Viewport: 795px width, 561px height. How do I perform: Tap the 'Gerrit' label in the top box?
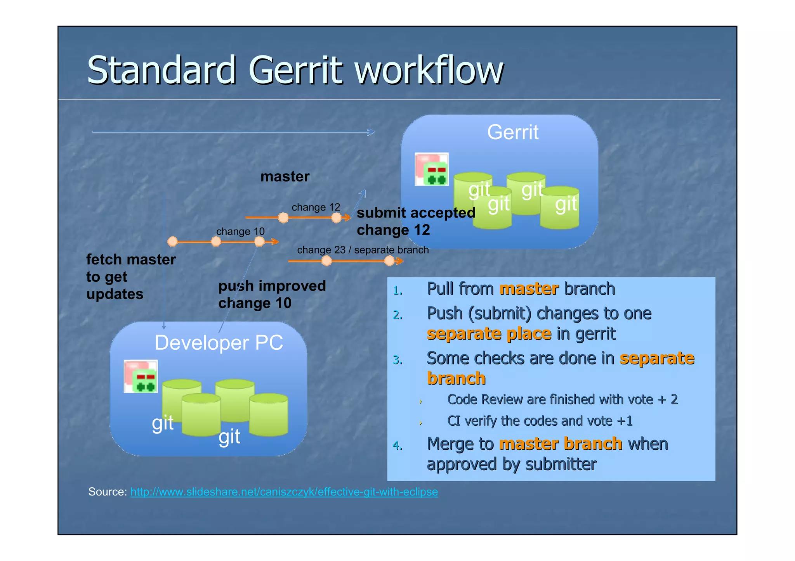pos(512,132)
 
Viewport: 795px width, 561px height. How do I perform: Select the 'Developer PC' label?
pos(219,343)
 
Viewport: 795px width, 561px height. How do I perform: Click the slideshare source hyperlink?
pos(284,492)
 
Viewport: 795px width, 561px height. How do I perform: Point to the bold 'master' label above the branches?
pos(285,177)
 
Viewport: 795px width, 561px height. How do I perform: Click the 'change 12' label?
pos(316,207)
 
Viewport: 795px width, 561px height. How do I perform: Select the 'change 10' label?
pos(240,231)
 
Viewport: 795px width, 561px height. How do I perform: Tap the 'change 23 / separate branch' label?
pos(363,250)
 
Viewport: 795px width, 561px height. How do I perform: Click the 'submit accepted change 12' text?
pos(415,221)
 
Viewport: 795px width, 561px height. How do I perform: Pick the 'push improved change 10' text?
pos(272,294)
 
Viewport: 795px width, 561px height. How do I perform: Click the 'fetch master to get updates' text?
pos(130,276)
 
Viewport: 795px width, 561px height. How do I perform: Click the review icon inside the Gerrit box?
pos(432,169)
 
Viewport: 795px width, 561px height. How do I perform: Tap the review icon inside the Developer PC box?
pos(141,376)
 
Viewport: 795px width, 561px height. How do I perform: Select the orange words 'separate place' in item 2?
pos(489,334)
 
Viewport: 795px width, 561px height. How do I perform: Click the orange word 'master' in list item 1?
pos(529,289)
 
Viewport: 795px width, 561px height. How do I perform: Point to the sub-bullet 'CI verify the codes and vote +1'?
pos(540,421)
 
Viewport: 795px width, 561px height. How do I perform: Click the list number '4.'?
pos(397,445)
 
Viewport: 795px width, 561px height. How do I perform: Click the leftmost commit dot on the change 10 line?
pos(172,242)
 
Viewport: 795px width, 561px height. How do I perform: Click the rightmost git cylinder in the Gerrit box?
pos(560,207)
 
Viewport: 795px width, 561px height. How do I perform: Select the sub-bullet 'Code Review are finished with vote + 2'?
pos(562,400)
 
